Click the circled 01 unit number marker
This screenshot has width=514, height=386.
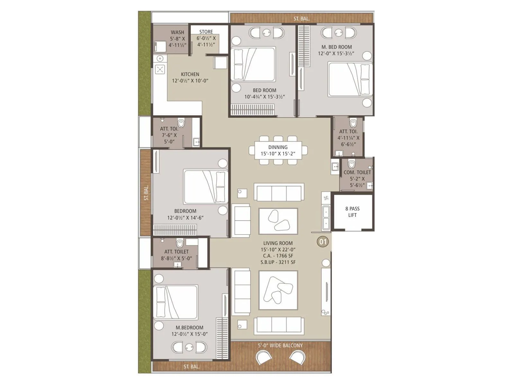tap(323, 242)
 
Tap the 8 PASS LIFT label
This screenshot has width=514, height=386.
tap(352, 212)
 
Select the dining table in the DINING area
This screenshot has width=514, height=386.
tap(278, 150)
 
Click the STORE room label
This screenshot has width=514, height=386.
tap(206, 32)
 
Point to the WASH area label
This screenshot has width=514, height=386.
tap(177, 32)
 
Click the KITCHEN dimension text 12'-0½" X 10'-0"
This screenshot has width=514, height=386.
tap(190, 81)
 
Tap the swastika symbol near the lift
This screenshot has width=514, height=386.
tap(326, 198)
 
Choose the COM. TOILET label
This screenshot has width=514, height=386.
tap(357, 172)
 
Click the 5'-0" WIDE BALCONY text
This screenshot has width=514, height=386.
tap(280, 345)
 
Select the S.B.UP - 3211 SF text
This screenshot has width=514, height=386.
tap(278, 262)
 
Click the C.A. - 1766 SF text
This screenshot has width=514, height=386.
tap(278, 256)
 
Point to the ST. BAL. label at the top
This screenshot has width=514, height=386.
tap(301, 19)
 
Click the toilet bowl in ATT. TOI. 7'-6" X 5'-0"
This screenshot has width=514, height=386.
tap(181, 123)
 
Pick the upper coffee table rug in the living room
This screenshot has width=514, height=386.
tap(278, 221)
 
